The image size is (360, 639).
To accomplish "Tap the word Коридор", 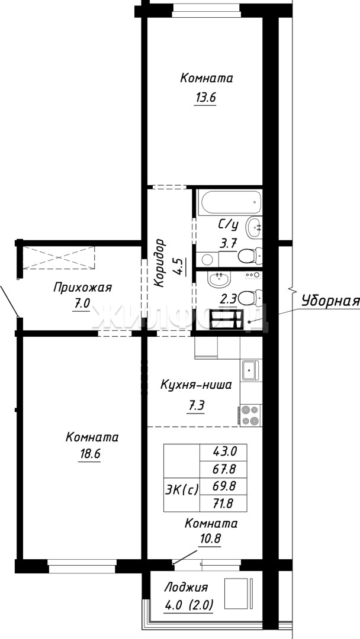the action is pyautogui.click(x=161, y=264).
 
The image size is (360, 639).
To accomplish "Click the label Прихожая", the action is pyautogui.click(x=82, y=288).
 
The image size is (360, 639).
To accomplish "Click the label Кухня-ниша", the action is pyautogui.click(x=196, y=385).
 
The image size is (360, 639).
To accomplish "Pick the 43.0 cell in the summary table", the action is pyautogui.click(x=224, y=451).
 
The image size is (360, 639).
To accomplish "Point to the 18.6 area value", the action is pyautogui.click(x=89, y=454).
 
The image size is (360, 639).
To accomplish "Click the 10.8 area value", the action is pyautogui.click(x=210, y=539).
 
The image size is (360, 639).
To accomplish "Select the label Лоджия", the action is pyautogui.click(x=186, y=588).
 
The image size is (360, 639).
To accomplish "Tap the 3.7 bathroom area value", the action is pyautogui.click(x=228, y=244).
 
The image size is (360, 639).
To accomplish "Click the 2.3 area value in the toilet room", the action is pyautogui.click(x=228, y=301).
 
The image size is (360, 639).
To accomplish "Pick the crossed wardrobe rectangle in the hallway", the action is pyautogui.click(x=59, y=257).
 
